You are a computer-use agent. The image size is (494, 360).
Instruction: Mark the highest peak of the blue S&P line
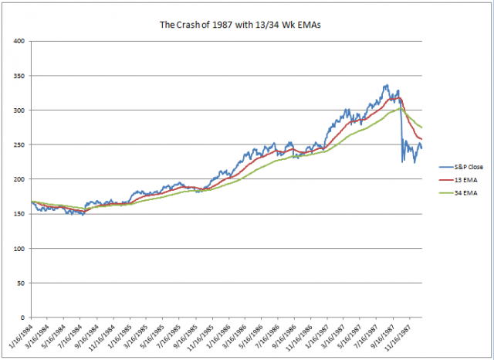click(x=386, y=85)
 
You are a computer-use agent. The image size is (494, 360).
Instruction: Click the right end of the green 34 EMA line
click(x=422, y=127)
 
